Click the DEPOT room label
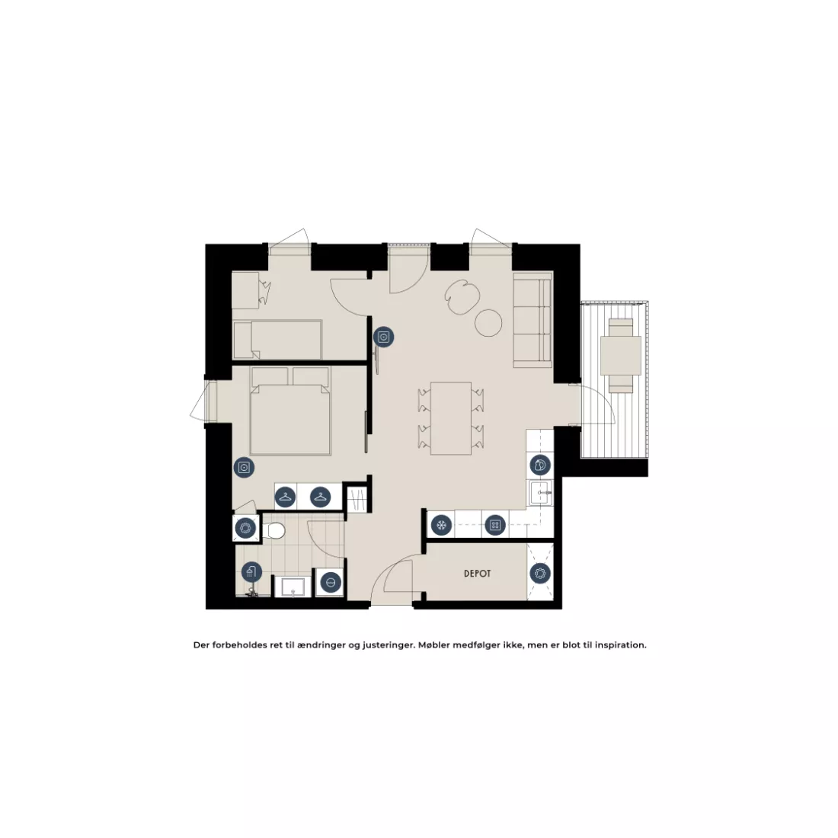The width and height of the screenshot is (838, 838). click(477, 574)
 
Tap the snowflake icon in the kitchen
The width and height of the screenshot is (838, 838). click(441, 526)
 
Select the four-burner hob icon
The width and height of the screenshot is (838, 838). click(495, 526)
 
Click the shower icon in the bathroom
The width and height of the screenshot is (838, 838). click(251, 572)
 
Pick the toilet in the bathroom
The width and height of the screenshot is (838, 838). click(275, 531)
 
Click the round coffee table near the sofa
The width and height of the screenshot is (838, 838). click(488, 323)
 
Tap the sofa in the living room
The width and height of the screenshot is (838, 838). click(533, 320)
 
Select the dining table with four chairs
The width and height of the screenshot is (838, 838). click(451, 418)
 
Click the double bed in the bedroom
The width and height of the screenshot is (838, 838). click(290, 411)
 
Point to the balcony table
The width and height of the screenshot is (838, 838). click(620, 356)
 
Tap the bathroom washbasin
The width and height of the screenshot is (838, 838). click(292, 587)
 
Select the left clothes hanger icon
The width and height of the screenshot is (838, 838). click(286, 497)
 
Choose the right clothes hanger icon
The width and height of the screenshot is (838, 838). click(320, 497)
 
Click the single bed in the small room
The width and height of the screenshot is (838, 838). click(277, 339)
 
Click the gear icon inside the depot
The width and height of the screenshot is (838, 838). click(540, 574)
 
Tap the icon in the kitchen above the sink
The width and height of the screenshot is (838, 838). click(540, 465)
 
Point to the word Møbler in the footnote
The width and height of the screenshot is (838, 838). click(434, 645)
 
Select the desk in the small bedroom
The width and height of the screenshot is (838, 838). click(245, 290)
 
